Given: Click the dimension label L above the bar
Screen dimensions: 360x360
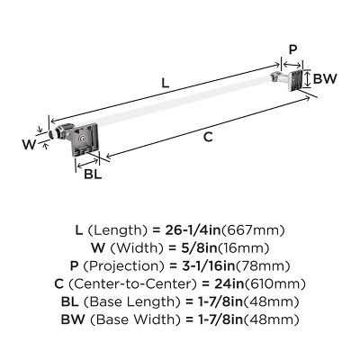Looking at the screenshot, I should (165, 84).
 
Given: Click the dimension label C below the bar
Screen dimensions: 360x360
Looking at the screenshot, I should (208, 137).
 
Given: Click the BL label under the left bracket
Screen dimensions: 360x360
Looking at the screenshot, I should (93, 173).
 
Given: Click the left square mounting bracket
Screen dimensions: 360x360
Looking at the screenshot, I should (88, 141).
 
